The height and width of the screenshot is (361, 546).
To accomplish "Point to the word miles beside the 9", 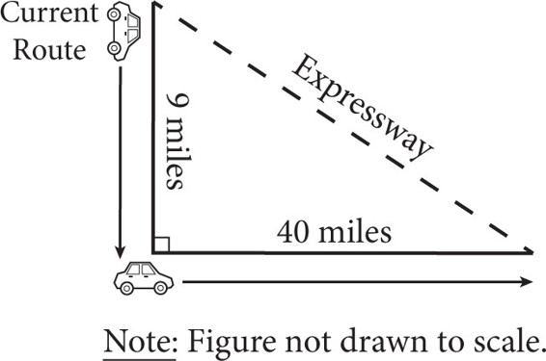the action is (x=175, y=152).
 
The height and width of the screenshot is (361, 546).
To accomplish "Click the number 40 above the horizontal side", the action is (x=293, y=231).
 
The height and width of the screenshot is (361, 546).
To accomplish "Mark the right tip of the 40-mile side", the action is (x=533, y=252).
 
